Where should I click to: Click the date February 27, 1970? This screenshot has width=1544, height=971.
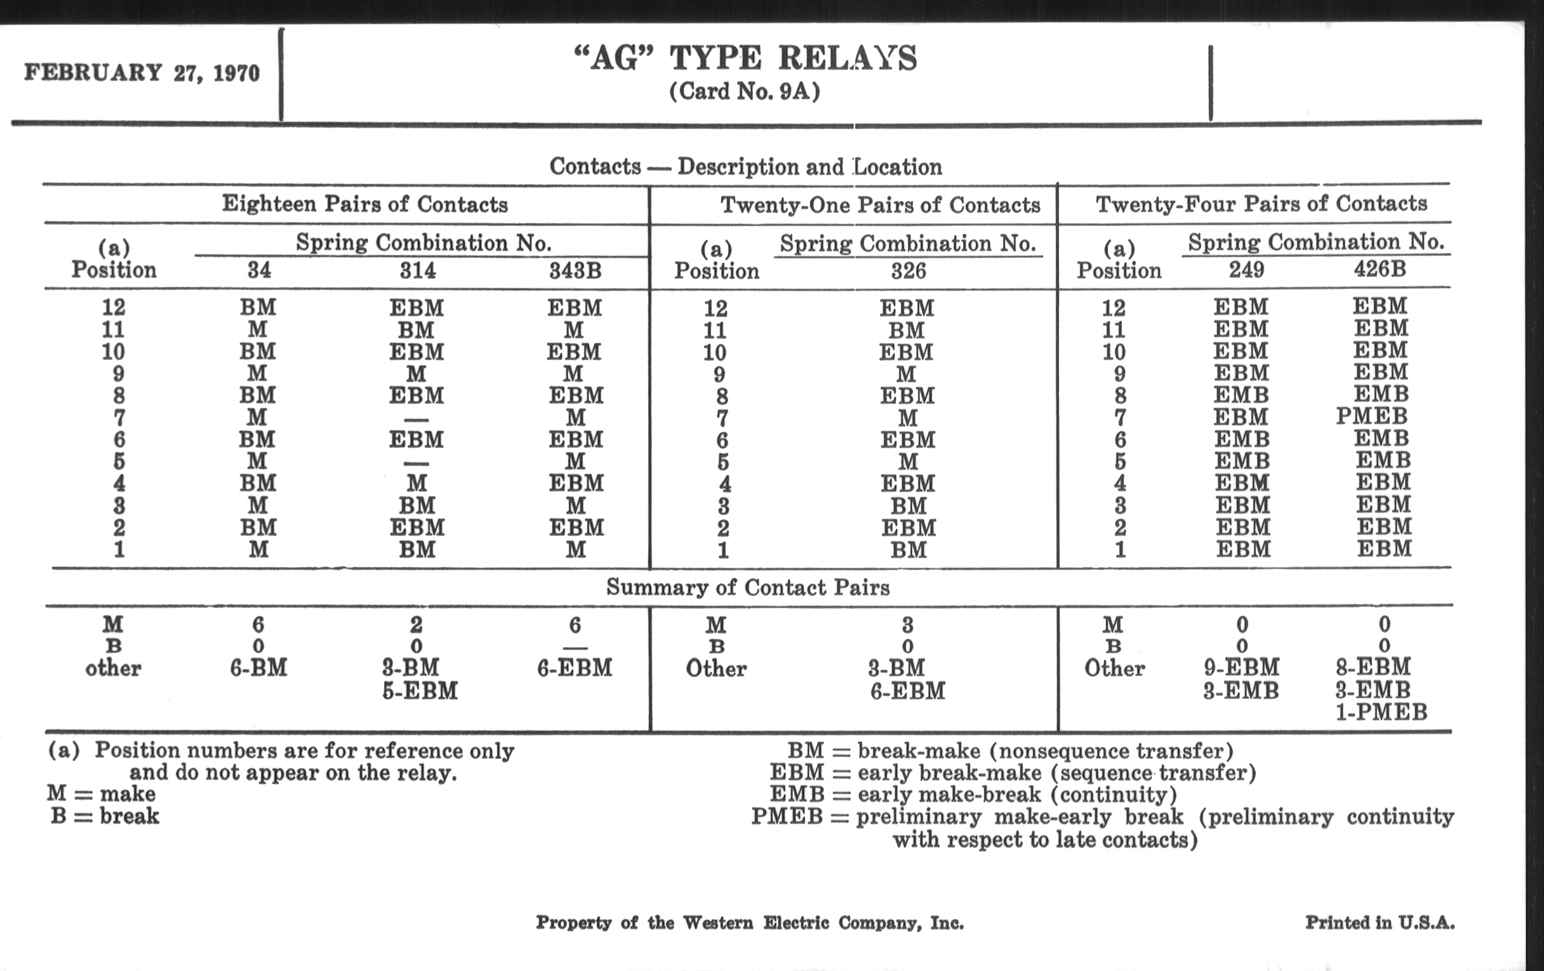[x=142, y=73]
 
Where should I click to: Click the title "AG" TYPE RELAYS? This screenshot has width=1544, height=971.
[x=745, y=59]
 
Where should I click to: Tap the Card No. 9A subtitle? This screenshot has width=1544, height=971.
[x=745, y=91]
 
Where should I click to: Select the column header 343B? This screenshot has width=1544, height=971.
[x=575, y=271]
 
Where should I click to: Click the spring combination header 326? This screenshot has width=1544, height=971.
[x=908, y=271]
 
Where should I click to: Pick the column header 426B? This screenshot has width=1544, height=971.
[x=1380, y=269]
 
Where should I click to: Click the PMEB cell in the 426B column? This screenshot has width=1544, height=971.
[x=1371, y=416]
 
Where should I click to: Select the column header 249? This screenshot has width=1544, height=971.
[x=1246, y=270]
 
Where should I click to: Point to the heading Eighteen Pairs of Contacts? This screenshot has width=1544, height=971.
[x=365, y=204]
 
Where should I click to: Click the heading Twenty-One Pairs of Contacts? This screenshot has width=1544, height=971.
[x=880, y=205]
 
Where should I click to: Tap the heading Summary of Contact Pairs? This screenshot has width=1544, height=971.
[x=748, y=588]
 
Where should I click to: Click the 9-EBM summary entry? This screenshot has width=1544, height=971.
[x=1241, y=668]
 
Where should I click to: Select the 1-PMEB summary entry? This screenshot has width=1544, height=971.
[x=1381, y=712]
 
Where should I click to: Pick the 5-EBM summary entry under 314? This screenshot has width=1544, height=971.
[x=420, y=691]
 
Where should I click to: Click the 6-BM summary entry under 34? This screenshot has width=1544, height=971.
[x=258, y=668]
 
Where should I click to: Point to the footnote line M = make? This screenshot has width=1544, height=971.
[x=102, y=794]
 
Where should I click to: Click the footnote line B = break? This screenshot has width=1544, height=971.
[x=105, y=817]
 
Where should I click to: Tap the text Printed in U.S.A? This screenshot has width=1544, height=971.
[x=1380, y=923]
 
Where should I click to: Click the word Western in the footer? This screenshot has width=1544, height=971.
[x=717, y=923]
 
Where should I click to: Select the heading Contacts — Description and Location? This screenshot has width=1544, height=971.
[x=745, y=168]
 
